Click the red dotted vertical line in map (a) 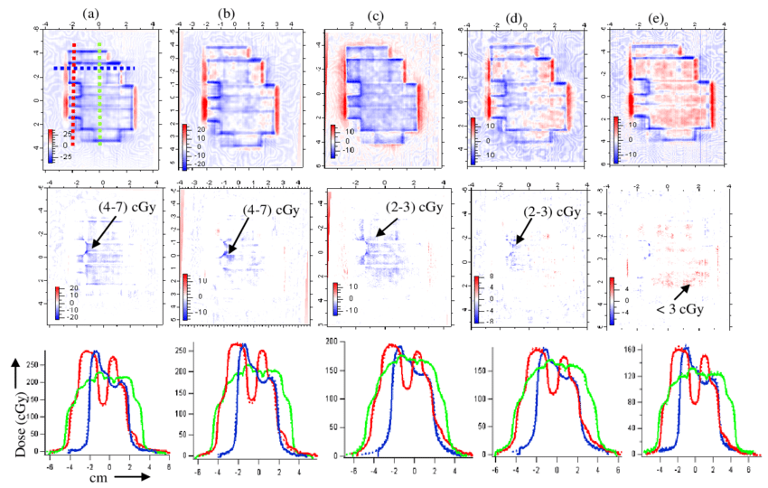pos(74,90)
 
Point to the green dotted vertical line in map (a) pos(99,90)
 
